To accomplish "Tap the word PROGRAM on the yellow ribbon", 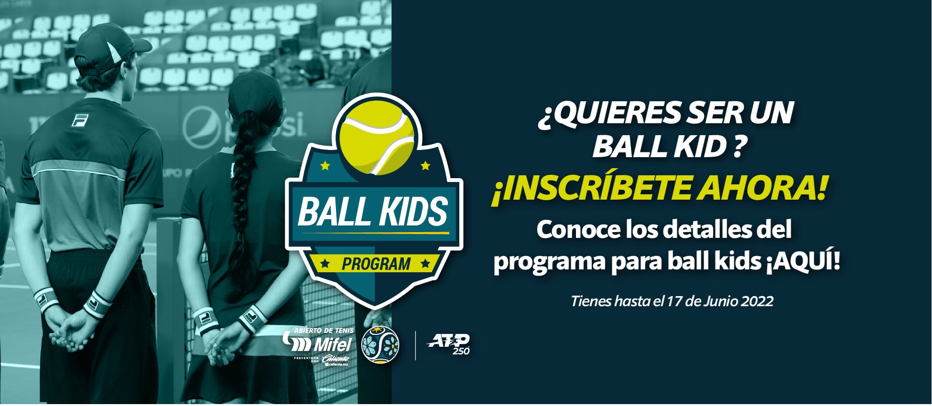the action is [x=376, y=264].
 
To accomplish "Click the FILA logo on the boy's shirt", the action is [x=80, y=120].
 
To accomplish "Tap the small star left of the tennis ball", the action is [x=325, y=166].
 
